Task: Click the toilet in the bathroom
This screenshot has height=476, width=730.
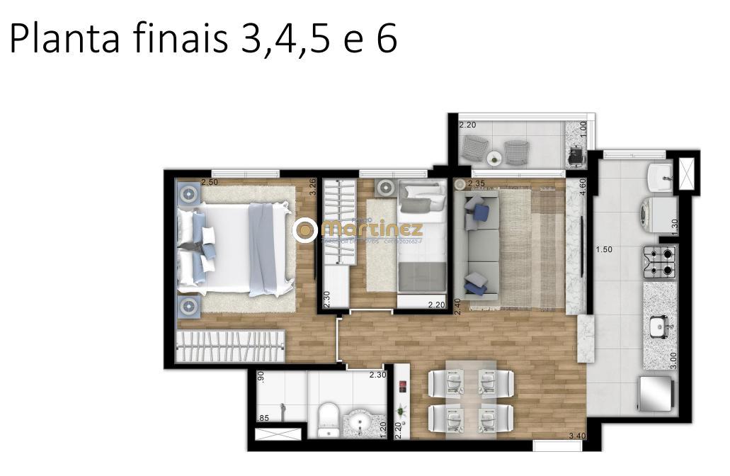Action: (328, 419)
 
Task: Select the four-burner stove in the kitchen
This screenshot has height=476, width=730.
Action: (660, 261)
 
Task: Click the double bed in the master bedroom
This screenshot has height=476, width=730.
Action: (235, 248)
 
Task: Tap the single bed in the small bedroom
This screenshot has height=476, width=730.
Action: (421, 237)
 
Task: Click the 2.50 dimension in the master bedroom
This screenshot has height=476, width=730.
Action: (210, 183)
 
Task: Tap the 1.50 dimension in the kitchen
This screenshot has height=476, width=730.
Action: (603, 249)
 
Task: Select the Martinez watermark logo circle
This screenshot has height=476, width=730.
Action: (306, 229)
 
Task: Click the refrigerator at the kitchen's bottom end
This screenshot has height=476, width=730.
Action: (656, 392)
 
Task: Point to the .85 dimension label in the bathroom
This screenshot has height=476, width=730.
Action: (263, 418)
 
